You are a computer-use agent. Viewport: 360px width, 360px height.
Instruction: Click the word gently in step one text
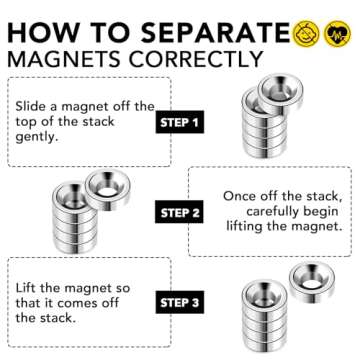click(x=43, y=142)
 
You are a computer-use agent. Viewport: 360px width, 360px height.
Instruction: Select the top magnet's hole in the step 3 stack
click(x=262, y=297)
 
